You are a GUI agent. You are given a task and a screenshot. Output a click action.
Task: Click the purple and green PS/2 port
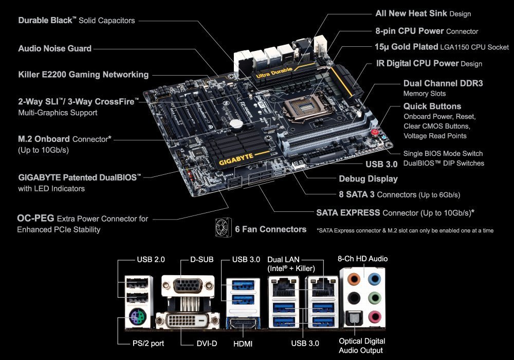(137, 317)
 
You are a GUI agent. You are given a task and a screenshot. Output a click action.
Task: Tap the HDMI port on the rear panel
(243, 323)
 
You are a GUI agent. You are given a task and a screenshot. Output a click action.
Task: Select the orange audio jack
(354, 279)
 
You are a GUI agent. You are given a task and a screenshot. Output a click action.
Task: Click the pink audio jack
(374, 317)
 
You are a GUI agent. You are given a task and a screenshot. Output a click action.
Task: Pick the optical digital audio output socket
(354, 318)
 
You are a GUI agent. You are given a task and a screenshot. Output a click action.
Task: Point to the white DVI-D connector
(188, 320)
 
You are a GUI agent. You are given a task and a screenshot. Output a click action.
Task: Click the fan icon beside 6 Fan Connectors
(223, 227)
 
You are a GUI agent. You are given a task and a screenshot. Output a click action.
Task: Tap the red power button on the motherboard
(375, 132)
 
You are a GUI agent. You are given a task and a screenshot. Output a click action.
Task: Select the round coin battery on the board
(236, 123)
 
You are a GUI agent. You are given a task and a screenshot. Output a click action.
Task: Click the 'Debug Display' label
(368, 178)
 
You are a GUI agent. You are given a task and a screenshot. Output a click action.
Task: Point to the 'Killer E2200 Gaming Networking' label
(83, 75)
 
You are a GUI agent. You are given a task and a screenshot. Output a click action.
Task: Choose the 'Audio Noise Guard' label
(55, 48)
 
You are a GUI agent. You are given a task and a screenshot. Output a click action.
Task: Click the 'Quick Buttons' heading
(432, 106)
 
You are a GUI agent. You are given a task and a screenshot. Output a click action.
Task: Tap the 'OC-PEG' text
(35, 218)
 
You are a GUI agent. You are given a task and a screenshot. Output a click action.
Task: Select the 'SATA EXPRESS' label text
(348, 212)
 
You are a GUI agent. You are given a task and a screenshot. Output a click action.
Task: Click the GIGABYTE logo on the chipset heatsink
(236, 159)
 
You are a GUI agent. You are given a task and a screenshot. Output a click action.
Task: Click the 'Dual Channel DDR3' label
(443, 83)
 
